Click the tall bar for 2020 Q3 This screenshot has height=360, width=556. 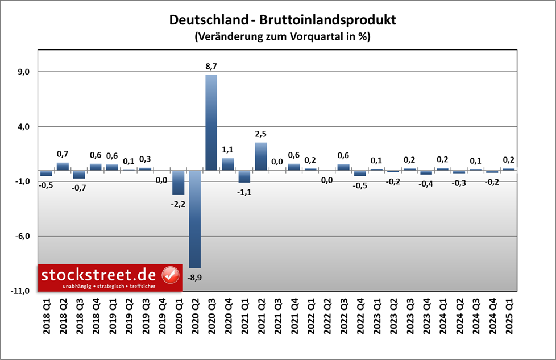pyautogui.click(x=211, y=122)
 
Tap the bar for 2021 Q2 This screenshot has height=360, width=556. pyautogui.click(x=261, y=156)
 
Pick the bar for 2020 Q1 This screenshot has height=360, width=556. pyautogui.click(x=178, y=183)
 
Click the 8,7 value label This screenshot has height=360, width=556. pyautogui.click(x=211, y=67)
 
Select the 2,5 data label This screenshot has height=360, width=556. pyautogui.click(x=261, y=134)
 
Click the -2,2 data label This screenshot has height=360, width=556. pyautogui.click(x=178, y=203)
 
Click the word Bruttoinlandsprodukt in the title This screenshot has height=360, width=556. pyautogui.click(x=327, y=20)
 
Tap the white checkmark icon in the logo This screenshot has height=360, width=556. pyautogui.click(x=171, y=275)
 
